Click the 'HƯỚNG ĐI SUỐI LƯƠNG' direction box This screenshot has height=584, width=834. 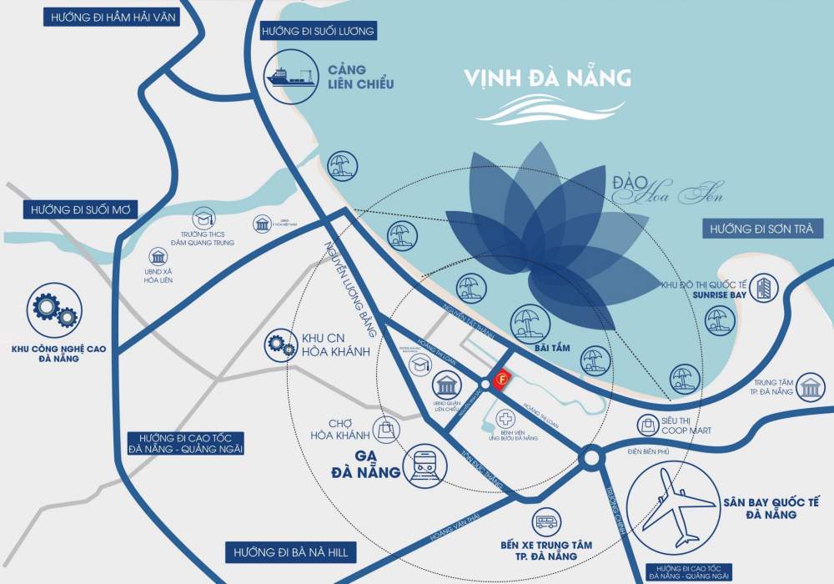pos(318,32)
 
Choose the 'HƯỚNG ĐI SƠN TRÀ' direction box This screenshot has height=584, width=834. pos(762,229)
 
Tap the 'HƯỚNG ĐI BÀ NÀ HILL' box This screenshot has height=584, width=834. pos(291,552)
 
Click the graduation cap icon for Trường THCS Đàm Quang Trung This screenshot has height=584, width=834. pos(203,219)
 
